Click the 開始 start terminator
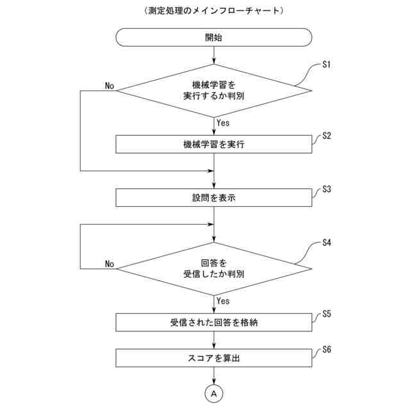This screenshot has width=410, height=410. [x=213, y=37]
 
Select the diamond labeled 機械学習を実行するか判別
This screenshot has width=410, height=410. [x=213, y=90]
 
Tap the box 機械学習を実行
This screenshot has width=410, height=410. [x=213, y=144]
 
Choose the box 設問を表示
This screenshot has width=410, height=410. [x=213, y=197]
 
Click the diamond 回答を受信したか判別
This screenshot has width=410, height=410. [x=213, y=268]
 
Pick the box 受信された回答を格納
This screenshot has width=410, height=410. [x=213, y=322]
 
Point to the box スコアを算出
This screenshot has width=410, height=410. [x=213, y=358]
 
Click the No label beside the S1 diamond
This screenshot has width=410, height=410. [x=110, y=86]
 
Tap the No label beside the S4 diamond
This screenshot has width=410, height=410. [x=110, y=264]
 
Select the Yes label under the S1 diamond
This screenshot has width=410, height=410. [x=224, y=122]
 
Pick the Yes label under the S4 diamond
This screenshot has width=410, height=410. [x=224, y=300]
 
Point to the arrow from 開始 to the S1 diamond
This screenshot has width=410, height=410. [x=213, y=55]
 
